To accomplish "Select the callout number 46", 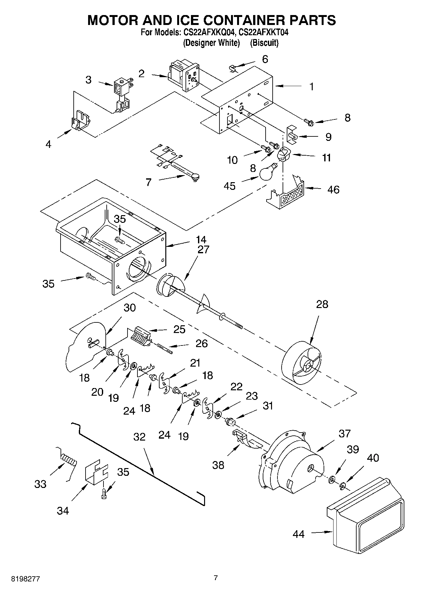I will pyautogui.click(x=333, y=190).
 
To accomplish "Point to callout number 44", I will pyautogui.click(x=298, y=534).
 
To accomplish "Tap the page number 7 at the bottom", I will pyautogui.click(x=216, y=578).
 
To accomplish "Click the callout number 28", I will pyautogui.click(x=322, y=304).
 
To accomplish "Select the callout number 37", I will pyautogui.click(x=345, y=434).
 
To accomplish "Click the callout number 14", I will pyautogui.click(x=201, y=239).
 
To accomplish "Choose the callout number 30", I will pyautogui.click(x=129, y=308).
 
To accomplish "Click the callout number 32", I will pyautogui.click(x=139, y=437).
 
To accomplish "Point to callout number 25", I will pyautogui.click(x=179, y=329).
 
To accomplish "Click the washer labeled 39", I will pyautogui.click(x=332, y=479).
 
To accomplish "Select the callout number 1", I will pyautogui.click(x=311, y=87).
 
